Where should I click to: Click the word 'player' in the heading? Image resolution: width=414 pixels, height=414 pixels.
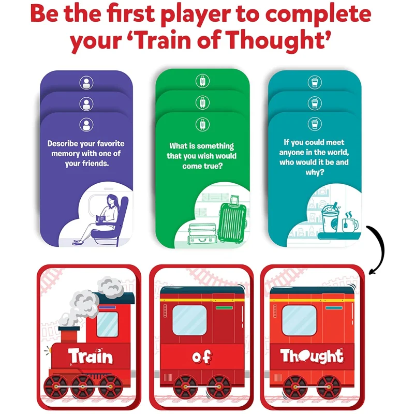(x=196, y=14)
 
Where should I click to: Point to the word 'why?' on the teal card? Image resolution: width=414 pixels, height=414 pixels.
(x=315, y=173)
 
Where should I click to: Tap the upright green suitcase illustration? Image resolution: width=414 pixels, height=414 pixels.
(x=232, y=219)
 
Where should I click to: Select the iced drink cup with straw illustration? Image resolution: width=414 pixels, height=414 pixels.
(x=330, y=217)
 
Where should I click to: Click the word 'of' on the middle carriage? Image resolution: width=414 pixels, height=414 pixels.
(x=202, y=357)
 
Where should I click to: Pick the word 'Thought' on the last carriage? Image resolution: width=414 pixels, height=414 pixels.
(x=312, y=356)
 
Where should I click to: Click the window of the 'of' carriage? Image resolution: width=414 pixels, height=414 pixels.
(x=189, y=320)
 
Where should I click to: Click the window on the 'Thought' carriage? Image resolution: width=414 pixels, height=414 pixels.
(x=299, y=320)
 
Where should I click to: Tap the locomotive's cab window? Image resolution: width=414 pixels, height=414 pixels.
(x=108, y=324)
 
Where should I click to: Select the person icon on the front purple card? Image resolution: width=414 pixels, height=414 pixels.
(x=86, y=125)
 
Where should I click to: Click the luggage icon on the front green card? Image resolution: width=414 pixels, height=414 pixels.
(x=202, y=124)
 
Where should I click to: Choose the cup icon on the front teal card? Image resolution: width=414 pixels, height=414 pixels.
(x=315, y=124)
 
